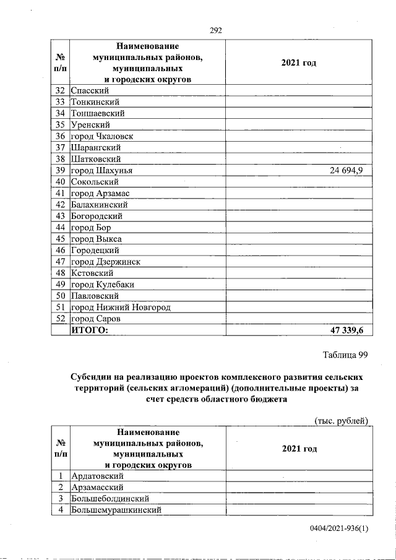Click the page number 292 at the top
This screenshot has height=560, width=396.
click(x=215, y=30)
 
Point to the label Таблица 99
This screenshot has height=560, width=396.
click(x=345, y=355)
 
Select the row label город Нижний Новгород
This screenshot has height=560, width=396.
click(x=121, y=307)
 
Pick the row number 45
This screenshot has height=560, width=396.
click(x=60, y=239)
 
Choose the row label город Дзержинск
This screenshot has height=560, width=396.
click(x=106, y=262)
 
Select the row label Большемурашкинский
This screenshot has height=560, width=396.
click(x=116, y=510)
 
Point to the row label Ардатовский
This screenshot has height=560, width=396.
click(x=98, y=476)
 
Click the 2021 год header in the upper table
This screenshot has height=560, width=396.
click(x=299, y=62)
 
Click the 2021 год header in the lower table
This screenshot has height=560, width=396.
click(x=299, y=448)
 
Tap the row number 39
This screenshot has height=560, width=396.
click(x=60, y=170)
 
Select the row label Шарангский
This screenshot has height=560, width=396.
click(x=96, y=147)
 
